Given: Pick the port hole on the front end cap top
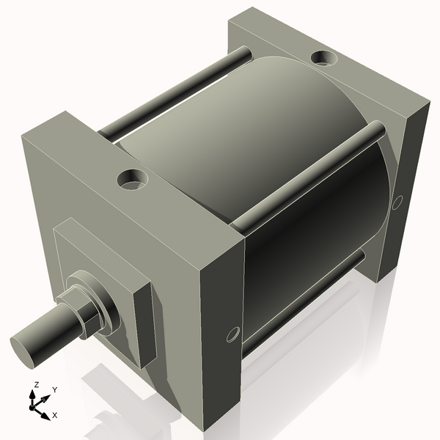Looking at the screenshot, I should [x=133, y=178].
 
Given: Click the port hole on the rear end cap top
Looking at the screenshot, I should [x=323, y=57].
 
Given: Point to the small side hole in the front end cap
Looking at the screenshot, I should [x=233, y=334].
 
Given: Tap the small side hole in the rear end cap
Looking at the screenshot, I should [x=397, y=201].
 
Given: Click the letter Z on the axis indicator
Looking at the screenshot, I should [x=35, y=385].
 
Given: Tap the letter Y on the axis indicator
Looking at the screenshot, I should [x=54, y=390].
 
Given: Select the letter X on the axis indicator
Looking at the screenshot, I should [x=54, y=415].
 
